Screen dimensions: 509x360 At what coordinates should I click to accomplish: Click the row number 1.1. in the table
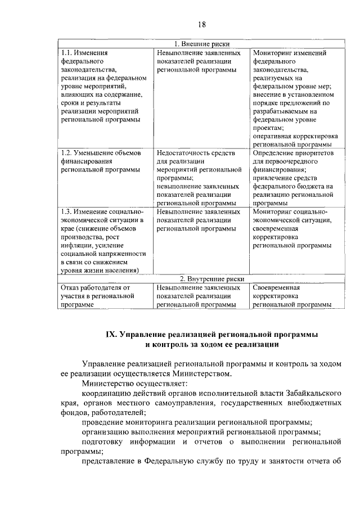67,53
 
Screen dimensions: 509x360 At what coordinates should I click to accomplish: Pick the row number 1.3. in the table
67,211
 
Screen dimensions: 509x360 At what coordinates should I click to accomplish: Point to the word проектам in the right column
268,128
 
